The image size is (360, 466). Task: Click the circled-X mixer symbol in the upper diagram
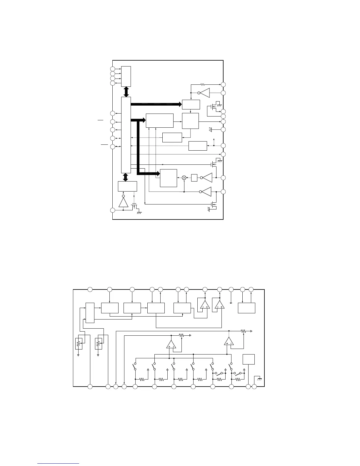coord(184,178)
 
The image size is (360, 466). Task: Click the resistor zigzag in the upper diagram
coord(203,84)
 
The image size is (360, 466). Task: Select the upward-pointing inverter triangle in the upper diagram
coord(123,202)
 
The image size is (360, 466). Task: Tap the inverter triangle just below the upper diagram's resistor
coord(205,93)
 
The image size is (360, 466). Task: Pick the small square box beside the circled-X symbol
coord(194,178)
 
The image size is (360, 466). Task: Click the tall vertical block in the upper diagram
coord(126,135)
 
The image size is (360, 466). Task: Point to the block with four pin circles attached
coord(126,76)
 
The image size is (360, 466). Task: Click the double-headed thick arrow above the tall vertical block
coord(126,92)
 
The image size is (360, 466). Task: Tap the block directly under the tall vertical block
coord(127,186)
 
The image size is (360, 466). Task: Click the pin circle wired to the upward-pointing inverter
coord(112,210)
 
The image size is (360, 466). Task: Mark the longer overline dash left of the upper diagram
coord(104,145)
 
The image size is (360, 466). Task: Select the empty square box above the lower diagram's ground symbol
coord(249,360)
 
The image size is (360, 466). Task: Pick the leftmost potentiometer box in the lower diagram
coord(79,343)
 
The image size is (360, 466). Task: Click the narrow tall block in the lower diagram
coord(90,312)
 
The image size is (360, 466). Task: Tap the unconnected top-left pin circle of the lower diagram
coord(90,289)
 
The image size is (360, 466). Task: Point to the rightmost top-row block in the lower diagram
coord(246,308)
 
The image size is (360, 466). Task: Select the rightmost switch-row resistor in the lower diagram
coord(238,380)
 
